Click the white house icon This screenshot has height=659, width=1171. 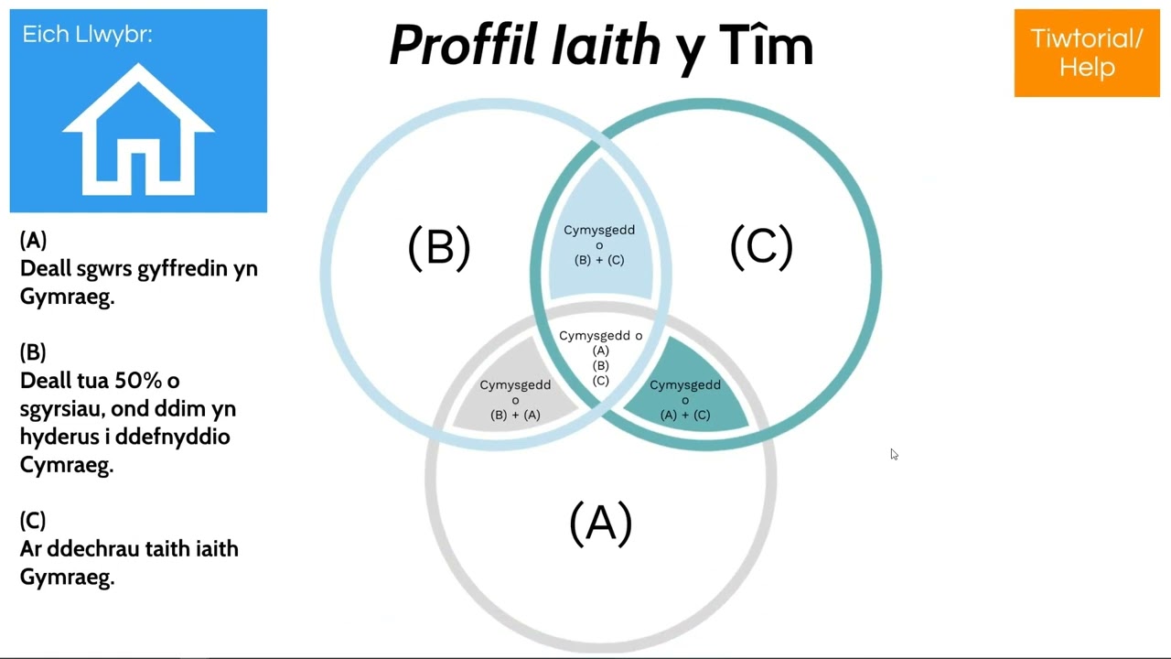tap(138, 131)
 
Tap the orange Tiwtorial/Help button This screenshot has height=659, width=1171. tap(1087, 53)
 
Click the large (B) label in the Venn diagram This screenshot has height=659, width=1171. tap(439, 248)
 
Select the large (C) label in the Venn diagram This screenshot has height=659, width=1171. tap(762, 247)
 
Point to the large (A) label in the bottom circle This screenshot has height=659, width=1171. tap(601, 524)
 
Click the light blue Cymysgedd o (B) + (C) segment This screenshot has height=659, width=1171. tap(600, 235)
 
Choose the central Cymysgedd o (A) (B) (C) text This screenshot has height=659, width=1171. tap(601, 358)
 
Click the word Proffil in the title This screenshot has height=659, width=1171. tap(464, 45)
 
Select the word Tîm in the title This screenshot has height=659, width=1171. tap(767, 45)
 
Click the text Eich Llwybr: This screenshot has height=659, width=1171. tap(87, 35)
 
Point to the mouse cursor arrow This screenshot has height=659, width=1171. tap(894, 454)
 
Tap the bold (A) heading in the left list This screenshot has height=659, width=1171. tap(33, 240)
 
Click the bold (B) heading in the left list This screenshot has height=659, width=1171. tap(33, 352)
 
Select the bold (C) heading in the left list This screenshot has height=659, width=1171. tap(33, 521)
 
